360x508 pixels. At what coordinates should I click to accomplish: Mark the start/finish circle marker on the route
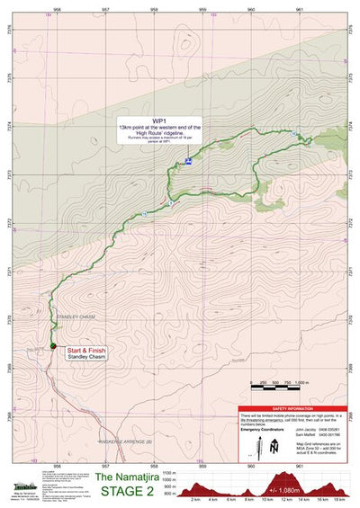point(54,347)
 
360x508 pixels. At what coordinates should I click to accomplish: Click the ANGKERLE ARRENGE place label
point(127,416)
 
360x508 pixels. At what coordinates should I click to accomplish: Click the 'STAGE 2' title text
point(133,492)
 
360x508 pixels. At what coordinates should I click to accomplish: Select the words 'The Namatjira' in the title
point(132,477)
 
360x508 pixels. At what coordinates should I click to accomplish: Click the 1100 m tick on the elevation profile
point(170,472)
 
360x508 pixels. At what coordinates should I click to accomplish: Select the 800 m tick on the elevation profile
point(171,495)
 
